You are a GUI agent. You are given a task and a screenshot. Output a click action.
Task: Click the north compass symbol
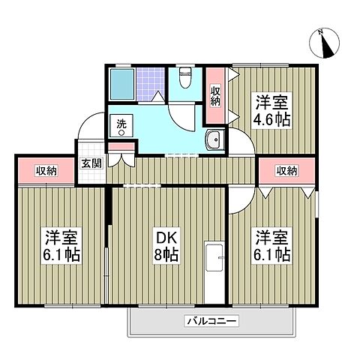[x=325, y=44]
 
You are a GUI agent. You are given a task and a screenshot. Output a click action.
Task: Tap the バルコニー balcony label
[x=211, y=322]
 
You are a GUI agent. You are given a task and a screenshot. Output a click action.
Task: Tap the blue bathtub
[x=122, y=85]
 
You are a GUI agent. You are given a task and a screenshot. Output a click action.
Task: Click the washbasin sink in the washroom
[x=214, y=139]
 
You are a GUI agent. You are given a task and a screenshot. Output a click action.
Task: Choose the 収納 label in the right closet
[x=286, y=171]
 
